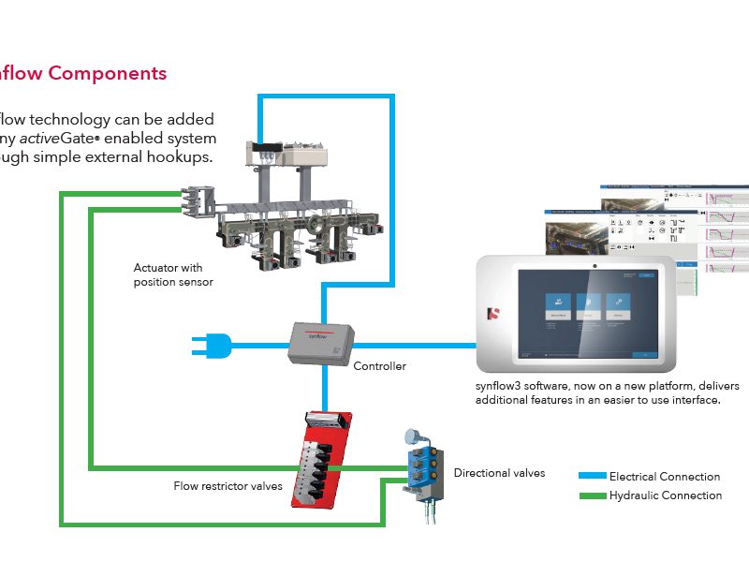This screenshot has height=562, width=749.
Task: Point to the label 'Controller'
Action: tap(379, 366)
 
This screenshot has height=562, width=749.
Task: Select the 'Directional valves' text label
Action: tap(499, 473)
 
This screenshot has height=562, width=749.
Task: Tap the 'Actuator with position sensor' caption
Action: tap(173, 275)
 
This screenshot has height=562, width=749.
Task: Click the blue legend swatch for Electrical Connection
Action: tap(593, 477)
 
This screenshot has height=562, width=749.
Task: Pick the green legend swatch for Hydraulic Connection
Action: tap(593, 495)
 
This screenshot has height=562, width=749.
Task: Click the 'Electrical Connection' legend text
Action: tap(665, 477)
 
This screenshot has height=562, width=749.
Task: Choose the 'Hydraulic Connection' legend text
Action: tap(666, 495)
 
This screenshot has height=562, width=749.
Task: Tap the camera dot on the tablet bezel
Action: tap(593, 266)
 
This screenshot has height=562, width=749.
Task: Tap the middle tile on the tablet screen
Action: tap(589, 308)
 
